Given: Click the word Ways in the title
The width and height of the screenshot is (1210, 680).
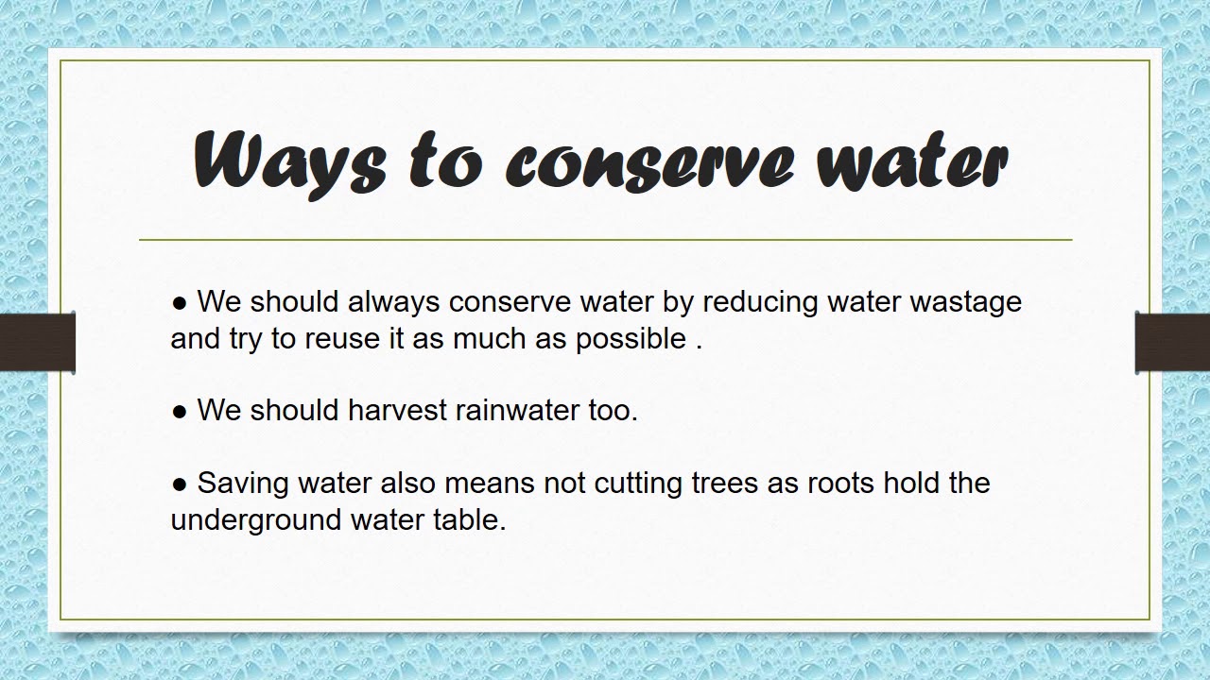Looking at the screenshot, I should coord(288,161).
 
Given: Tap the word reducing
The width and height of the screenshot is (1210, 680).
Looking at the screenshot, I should coord(747,302).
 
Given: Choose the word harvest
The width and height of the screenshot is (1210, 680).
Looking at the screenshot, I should coord(397,411).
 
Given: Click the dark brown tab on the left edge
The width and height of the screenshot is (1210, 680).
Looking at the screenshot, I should coord(37,343).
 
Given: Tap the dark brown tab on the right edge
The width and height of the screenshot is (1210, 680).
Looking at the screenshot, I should coord(1172,343).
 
